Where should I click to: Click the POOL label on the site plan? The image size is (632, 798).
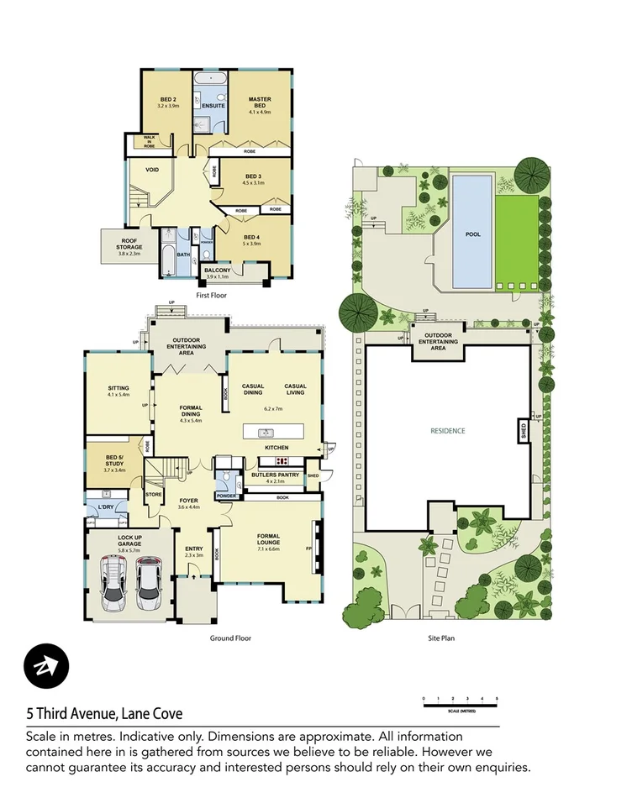473,234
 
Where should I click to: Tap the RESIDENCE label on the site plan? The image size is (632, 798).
447,432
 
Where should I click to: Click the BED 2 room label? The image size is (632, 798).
168,102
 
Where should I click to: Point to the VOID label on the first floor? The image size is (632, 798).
152,170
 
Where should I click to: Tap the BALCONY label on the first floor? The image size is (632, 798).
218,271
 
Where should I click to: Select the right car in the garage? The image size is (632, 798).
148,583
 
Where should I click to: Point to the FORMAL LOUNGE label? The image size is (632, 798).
268,539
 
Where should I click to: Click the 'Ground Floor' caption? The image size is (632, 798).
230,638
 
